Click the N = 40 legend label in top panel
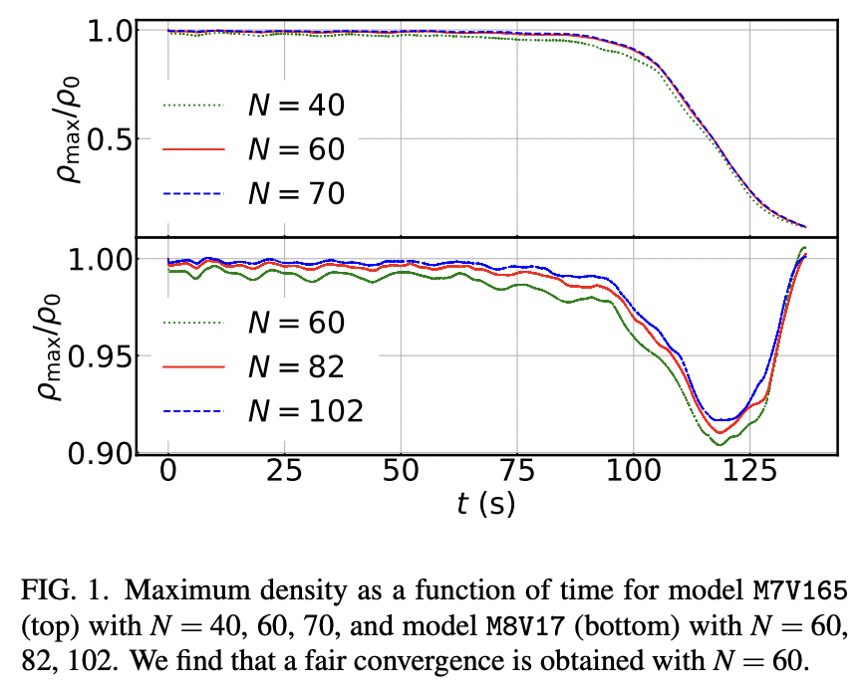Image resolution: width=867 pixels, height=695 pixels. (x=296, y=107)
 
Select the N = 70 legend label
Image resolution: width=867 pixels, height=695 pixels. (x=296, y=192)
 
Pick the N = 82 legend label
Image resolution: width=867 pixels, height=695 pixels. (x=296, y=366)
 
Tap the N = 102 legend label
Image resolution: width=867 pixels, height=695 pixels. (x=305, y=410)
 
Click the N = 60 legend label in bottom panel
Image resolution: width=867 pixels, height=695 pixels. (x=296, y=323)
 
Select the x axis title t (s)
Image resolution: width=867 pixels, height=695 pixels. (x=485, y=505)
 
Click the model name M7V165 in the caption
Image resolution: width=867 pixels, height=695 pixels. (x=800, y=590)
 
